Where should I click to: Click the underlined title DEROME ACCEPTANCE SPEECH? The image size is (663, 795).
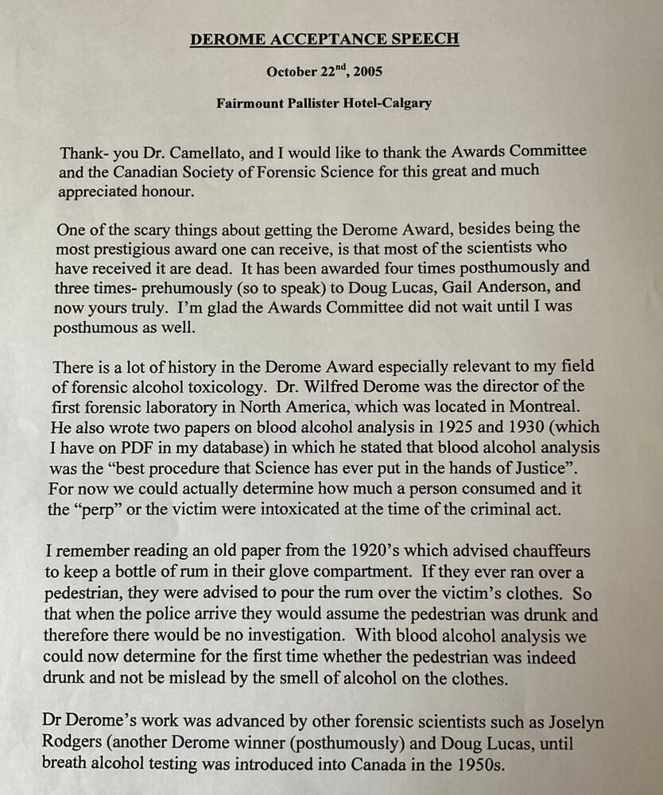(x=324, y=40)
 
